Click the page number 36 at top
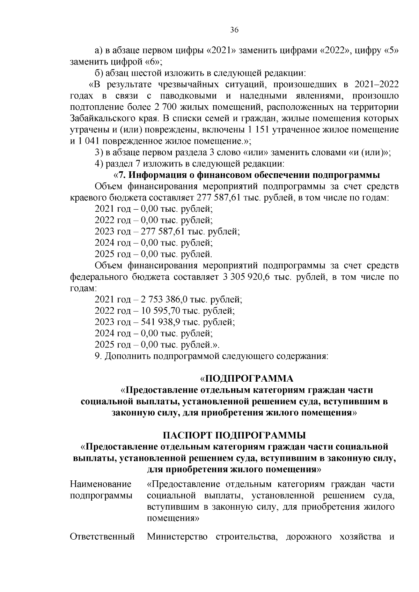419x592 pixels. tap(234, 30)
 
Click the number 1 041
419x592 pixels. tap(86, 141)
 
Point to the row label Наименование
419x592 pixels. tap(101, 484)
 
